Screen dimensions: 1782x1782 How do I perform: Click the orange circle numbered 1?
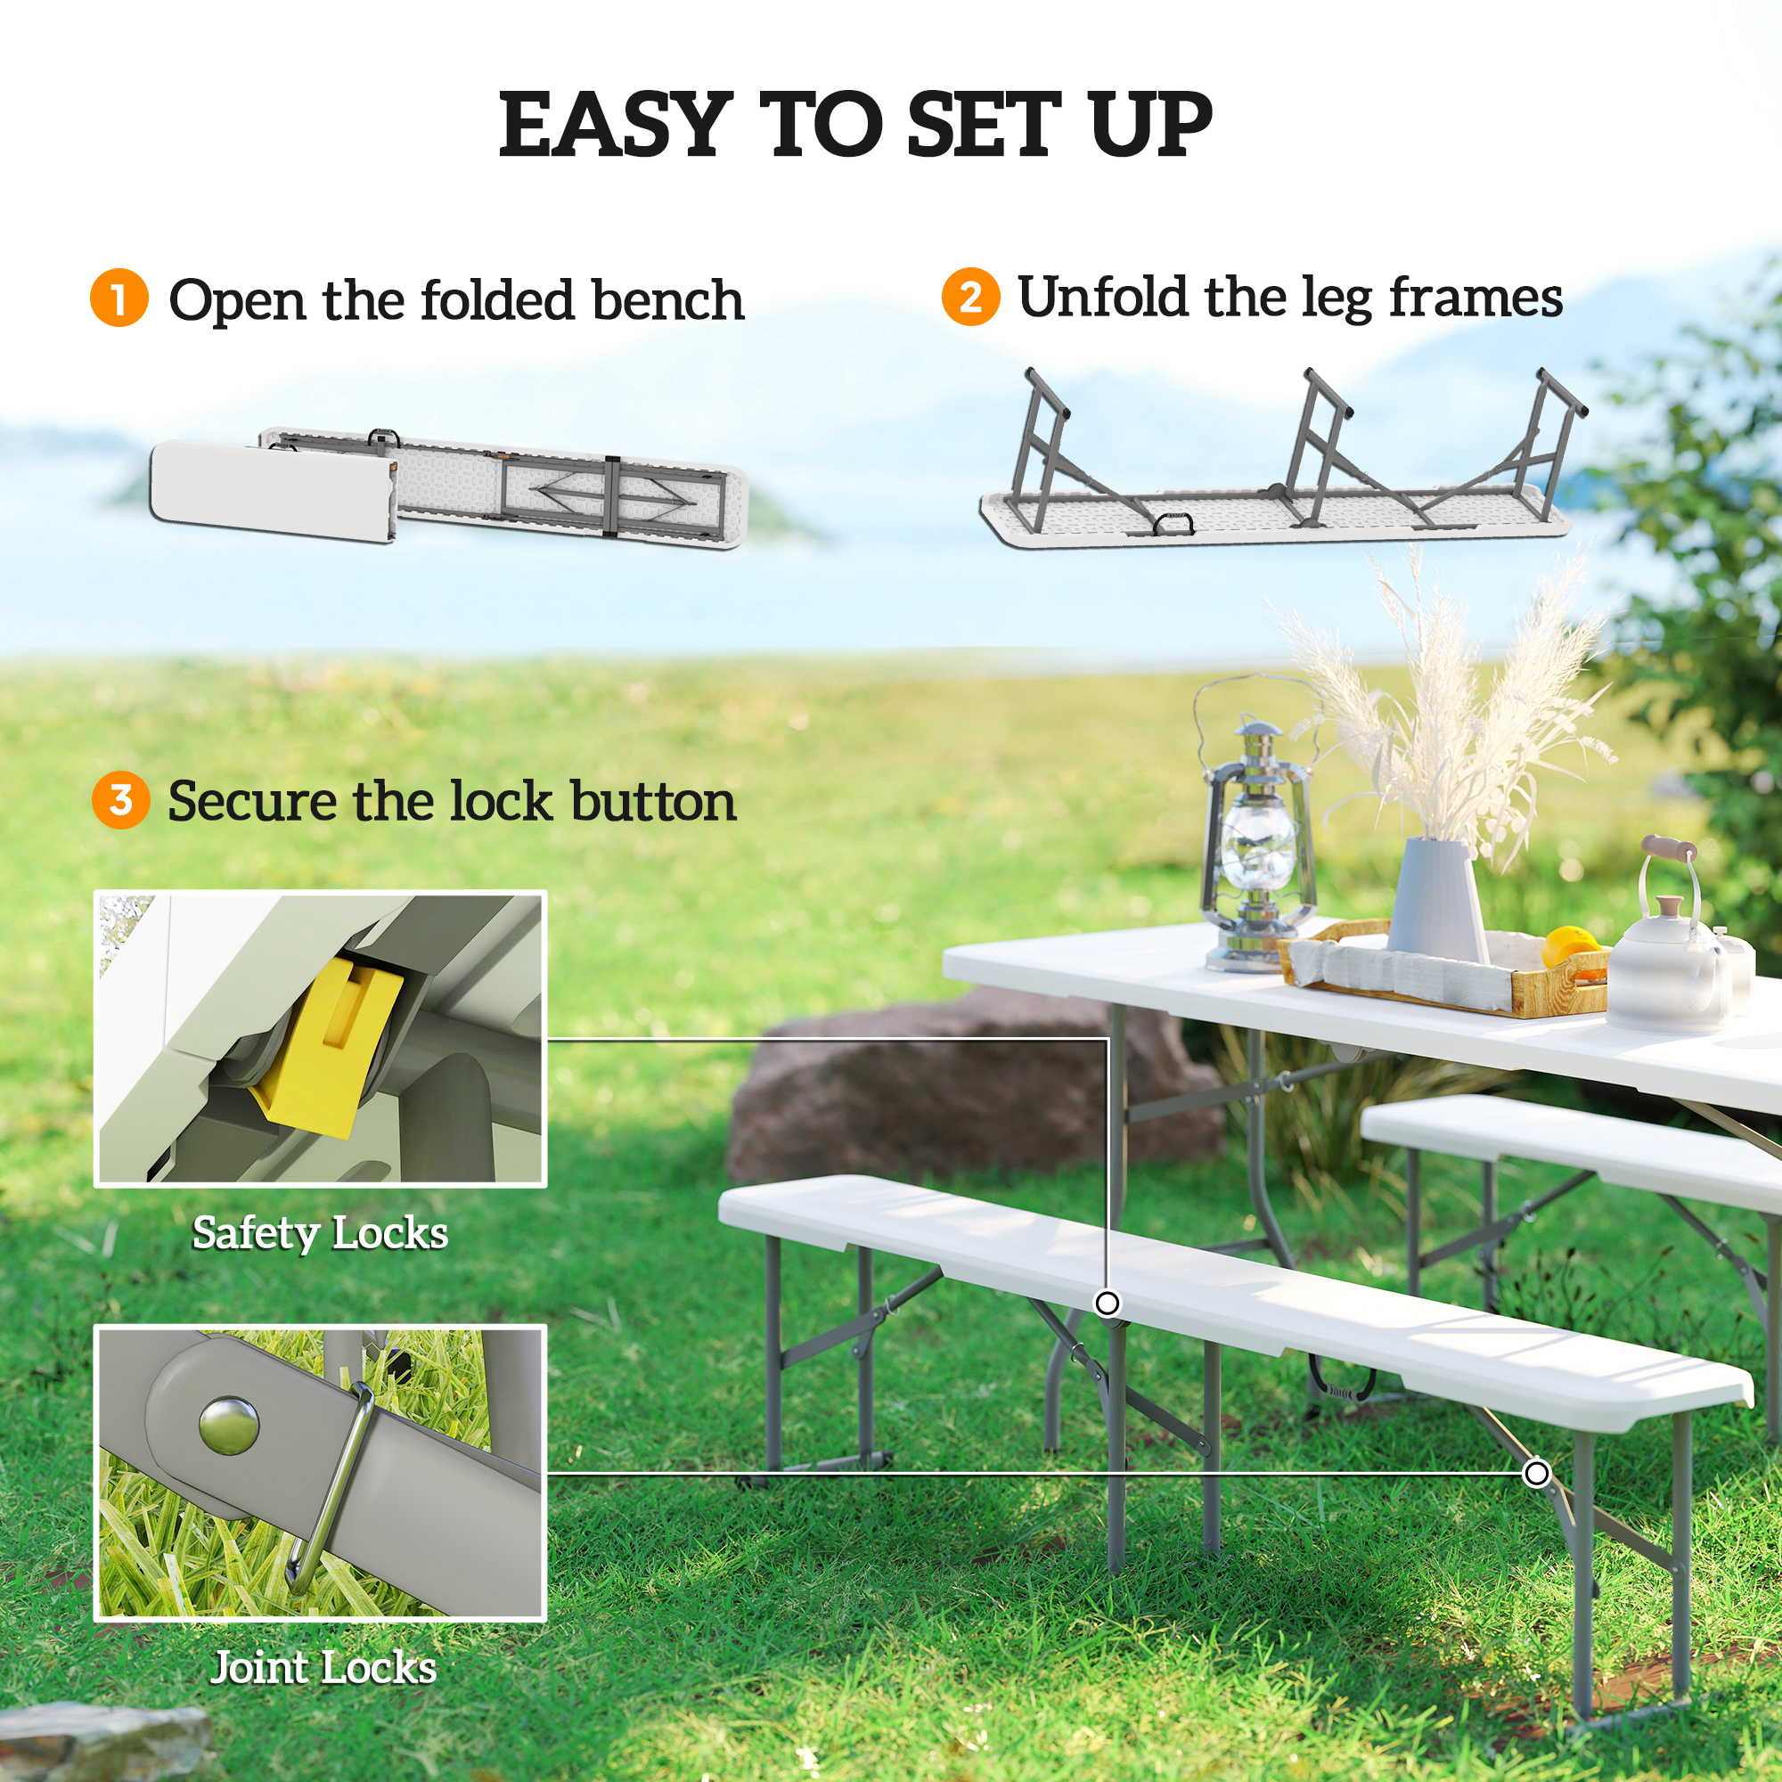(119, 298)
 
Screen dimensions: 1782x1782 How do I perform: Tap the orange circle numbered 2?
(970, 296)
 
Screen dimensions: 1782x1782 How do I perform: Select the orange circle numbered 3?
(120, 800)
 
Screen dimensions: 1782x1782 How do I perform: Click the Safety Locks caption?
(319, 1233)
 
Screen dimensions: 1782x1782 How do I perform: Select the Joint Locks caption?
(323, 1668)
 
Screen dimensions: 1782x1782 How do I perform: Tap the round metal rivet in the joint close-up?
(228, 1425)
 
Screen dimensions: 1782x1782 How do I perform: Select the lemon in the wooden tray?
(1570, 945)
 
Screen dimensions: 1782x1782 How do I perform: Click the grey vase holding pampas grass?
(1436, 901)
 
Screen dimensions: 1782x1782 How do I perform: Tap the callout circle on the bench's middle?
(1107, 1304)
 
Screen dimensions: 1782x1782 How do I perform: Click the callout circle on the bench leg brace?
(1536, 1473)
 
